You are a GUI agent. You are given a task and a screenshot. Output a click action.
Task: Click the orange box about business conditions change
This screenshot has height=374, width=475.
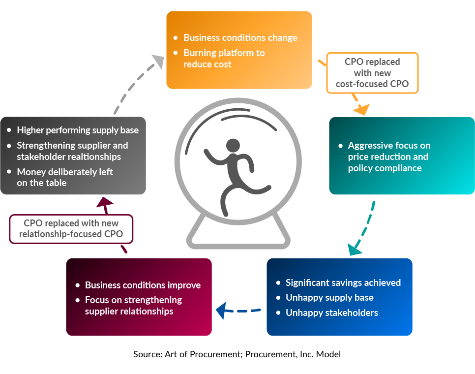pos(239,50)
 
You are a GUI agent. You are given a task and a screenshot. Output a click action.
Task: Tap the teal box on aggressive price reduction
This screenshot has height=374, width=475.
pos(401,156)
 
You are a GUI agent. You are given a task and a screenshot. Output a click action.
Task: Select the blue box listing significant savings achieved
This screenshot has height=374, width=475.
pos(339,297)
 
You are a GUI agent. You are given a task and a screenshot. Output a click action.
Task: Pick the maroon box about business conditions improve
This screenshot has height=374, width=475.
pos(139,297)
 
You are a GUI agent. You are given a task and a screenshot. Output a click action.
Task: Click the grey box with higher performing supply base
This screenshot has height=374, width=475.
pos(73,156)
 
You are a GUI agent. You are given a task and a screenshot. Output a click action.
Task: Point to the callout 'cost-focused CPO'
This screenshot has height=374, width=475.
pos(372,73)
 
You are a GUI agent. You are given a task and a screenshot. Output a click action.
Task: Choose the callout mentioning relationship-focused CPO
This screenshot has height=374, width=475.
pos(71,229)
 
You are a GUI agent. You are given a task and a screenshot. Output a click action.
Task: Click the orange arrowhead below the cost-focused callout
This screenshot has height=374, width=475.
pos(362,109)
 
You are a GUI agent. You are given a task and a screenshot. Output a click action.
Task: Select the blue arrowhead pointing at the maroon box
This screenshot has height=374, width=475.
pos(222,310)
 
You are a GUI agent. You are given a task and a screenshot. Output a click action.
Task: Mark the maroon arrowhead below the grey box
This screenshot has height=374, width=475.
pos(105,201)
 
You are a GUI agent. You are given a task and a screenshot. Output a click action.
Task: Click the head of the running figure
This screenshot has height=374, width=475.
pos(233,146)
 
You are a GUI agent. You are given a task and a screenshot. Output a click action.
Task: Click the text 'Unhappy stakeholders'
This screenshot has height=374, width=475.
pos(332,312)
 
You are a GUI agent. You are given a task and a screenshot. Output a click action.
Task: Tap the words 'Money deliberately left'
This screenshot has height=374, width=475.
pos(65,172)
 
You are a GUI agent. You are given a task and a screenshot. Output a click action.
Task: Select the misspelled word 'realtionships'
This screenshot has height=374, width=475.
pos(93,157)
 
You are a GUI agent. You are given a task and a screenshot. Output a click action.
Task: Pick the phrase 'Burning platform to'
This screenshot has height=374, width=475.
pos(224,53)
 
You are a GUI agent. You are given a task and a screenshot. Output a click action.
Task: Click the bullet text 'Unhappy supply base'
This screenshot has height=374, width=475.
pos(329,298)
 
